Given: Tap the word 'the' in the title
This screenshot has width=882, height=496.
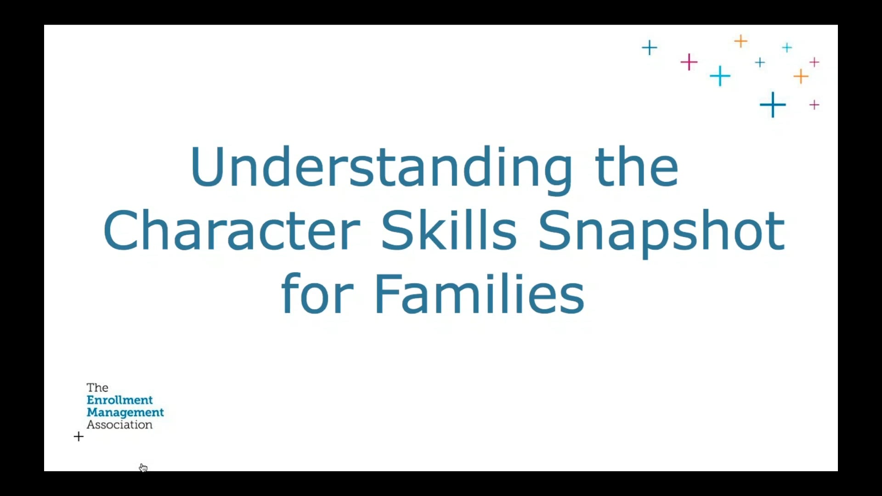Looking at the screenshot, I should [x=636, y=168].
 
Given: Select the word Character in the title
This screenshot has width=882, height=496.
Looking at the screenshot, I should [x=232, y=231].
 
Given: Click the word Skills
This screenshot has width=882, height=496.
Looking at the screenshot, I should [x=449, y=231].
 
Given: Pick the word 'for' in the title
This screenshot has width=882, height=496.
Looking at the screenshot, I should [x=317, y=294].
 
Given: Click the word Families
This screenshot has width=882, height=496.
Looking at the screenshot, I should [x=480, y=294].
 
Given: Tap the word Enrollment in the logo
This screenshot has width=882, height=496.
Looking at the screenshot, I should [x=119, y=400].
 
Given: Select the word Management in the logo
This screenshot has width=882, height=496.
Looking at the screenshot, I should [x=125, y=412].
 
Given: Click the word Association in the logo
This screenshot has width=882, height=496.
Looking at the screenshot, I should [x=119, y=425].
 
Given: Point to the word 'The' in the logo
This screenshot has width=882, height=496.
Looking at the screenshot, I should [x=97, y=388].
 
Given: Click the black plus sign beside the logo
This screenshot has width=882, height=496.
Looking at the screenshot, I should [x=79, y=436].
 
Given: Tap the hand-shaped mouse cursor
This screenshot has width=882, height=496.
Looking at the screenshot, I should [x=143, y=468].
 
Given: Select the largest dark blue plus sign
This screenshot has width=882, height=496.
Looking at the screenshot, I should [x=773, y=105].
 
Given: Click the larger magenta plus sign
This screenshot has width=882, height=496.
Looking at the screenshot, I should [x=689, y=62].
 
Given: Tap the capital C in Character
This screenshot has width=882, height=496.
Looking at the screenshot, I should [x=121, y=231].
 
